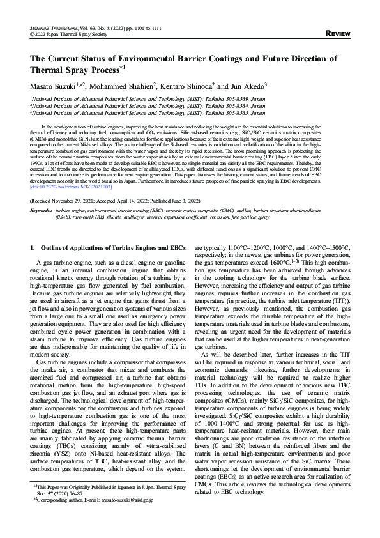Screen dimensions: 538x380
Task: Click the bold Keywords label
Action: [x=42, y=210]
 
